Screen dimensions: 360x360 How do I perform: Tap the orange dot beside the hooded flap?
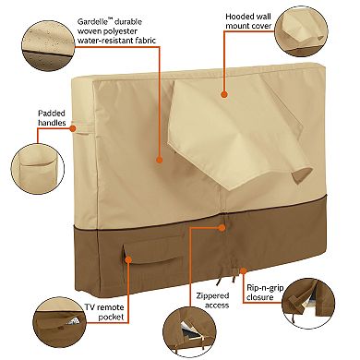click(224, 93)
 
